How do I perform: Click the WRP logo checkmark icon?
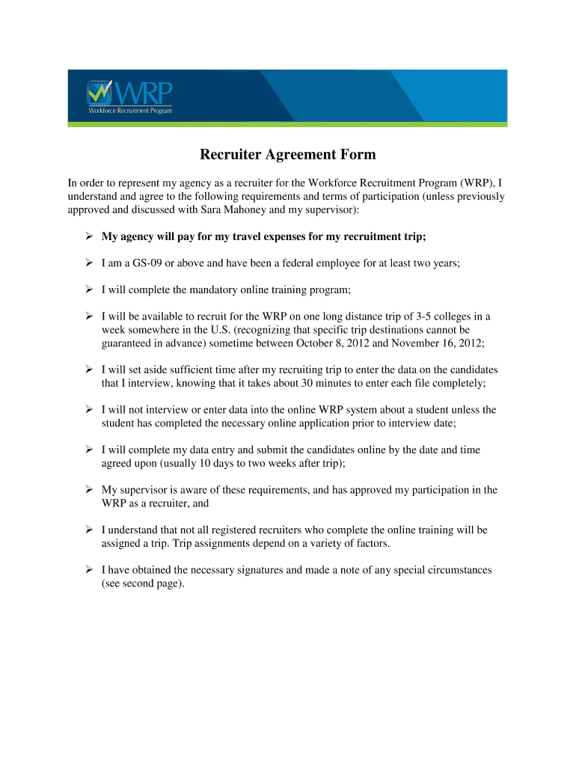(x=98, y=92)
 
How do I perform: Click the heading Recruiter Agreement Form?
(x=287, y=155)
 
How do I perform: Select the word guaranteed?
(x=128, y=343)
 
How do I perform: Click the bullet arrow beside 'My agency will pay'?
(x=88, y=237)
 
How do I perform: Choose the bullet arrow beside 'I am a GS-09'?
(x=88, y=263)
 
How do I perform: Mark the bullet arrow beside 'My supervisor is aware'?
(x=88, y=490)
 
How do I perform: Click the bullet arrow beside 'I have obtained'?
(x=88, y=570)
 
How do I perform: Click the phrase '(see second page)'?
(x=142, y=583)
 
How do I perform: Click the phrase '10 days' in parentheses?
(x=218, y=463)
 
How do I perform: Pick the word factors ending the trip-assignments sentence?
(x=372, y=543)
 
